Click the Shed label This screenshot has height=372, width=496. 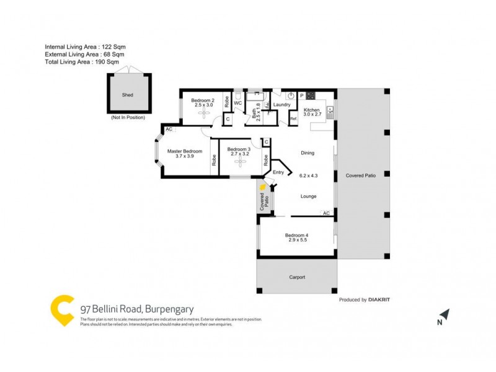click(x=127, y=95)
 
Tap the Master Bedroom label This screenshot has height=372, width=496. click(x=185, y=151)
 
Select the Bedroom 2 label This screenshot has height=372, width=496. click(x=203, y=100)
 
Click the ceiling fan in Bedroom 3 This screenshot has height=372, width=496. click(x=239, y=162)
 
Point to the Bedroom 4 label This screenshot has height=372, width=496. click(x=296, y=235)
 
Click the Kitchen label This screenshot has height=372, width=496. click(x=311, y=110)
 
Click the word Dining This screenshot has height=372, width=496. click(x=308, y=153)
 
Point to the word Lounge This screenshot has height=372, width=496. click(x=308, y=197)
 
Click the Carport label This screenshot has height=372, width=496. click(x=296, y=277)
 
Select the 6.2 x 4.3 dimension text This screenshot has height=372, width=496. click(x=308, y=175)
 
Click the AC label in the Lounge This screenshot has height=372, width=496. click(x=325, y=213)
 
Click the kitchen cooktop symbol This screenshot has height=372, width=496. click(x=311, y=95)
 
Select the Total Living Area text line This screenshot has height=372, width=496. click(x=82, y=63)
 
